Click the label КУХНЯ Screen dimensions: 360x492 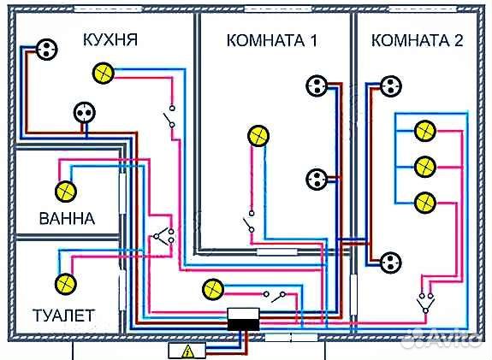[x=110, y=39]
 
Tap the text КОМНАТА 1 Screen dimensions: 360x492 [x=266, y=40]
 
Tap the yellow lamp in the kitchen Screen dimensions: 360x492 [x=104, y=73]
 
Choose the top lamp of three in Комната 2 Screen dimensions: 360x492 [x=423, y=131]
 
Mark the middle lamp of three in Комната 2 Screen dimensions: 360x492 [x=423, y=166]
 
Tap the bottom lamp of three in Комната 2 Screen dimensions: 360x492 [x=423, y=202]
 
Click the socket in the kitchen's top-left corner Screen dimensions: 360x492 [x=44, y=50]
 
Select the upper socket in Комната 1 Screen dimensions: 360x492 [x=316, y=85]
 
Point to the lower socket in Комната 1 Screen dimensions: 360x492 [x=316, y=179]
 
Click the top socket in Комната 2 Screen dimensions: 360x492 [x=391, y=85]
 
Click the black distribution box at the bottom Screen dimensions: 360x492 [x=245, y=322]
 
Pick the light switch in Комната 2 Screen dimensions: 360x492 [x=424, y=301]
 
